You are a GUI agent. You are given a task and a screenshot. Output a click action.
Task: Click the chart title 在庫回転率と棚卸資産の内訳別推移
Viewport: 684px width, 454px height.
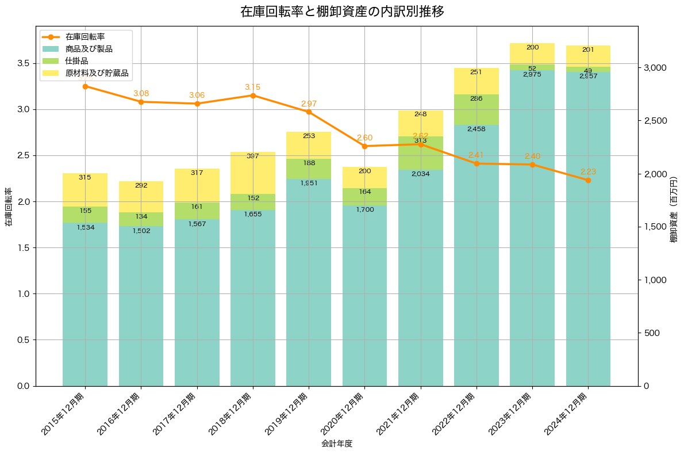342,12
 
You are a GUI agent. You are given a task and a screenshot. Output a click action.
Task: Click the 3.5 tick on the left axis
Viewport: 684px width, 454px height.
23,63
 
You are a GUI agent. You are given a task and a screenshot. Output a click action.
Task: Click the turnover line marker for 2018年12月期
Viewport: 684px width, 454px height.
253,96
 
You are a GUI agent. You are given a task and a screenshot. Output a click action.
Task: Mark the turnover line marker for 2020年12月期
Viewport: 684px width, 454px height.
364,146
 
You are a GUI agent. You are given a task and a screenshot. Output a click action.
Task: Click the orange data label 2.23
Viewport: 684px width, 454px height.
588,171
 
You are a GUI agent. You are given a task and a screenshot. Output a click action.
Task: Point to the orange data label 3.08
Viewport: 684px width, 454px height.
141,93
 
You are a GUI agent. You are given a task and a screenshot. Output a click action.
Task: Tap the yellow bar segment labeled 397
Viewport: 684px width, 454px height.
253,173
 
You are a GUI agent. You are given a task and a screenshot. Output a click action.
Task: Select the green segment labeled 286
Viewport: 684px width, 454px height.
476,109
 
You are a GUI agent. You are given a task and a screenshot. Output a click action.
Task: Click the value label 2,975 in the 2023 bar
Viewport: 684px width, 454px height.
532,74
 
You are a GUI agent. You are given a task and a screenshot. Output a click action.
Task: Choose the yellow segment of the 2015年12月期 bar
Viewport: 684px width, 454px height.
85,190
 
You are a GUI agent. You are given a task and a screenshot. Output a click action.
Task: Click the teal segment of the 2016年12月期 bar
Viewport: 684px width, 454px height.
141,305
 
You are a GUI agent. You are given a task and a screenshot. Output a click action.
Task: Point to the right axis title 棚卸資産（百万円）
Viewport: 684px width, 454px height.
674,209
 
